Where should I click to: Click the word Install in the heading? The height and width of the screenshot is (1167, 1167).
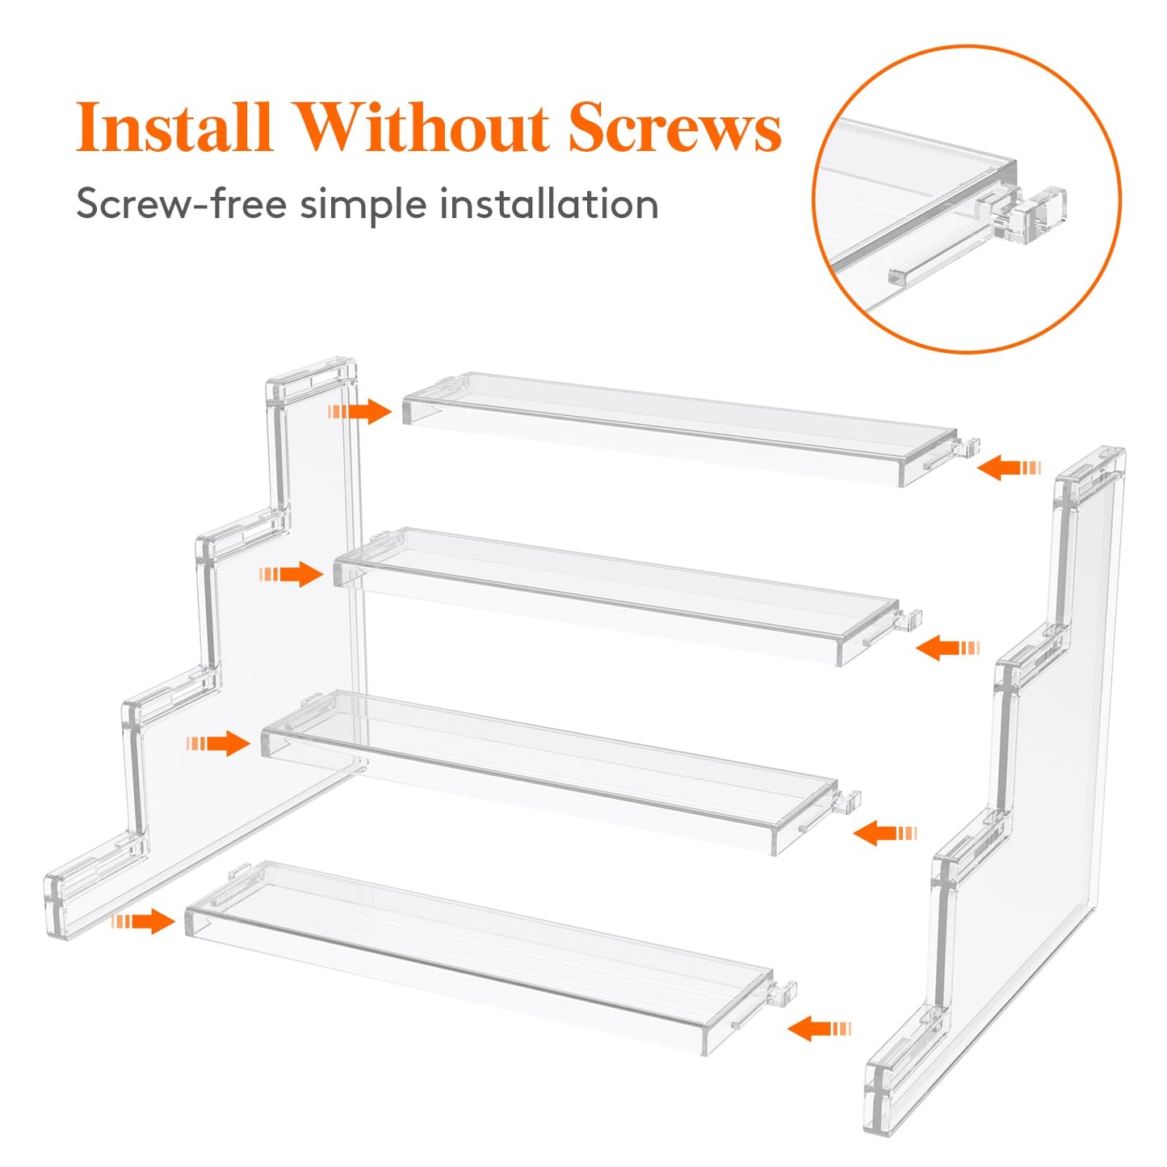173,128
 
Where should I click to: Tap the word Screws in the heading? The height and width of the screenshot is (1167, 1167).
674,128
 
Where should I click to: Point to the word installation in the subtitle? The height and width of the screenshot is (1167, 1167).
548,204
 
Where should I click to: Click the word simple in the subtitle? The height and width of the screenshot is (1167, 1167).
363,204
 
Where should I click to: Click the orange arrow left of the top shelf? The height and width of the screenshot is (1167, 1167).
361,411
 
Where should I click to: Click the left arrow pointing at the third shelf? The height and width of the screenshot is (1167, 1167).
219,743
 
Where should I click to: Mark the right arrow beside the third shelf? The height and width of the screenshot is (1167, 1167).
885,833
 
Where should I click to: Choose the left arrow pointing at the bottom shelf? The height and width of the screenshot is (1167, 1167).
144,921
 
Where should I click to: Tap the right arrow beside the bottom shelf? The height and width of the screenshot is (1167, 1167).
819,1028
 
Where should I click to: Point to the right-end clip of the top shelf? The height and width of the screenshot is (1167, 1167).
968,447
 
